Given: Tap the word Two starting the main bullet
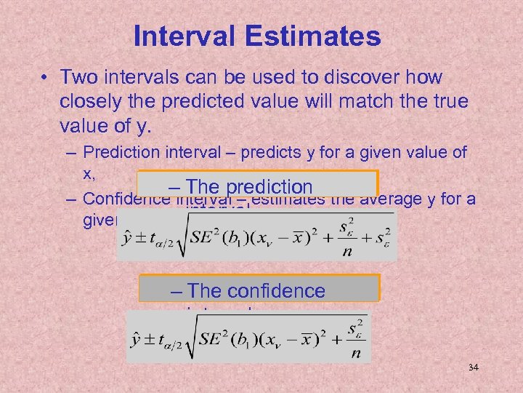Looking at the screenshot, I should coord(81,77).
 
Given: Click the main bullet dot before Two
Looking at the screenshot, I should coord(46,78).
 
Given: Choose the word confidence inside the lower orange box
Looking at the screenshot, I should coord(275,290).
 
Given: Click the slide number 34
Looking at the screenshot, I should coord(474,368).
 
